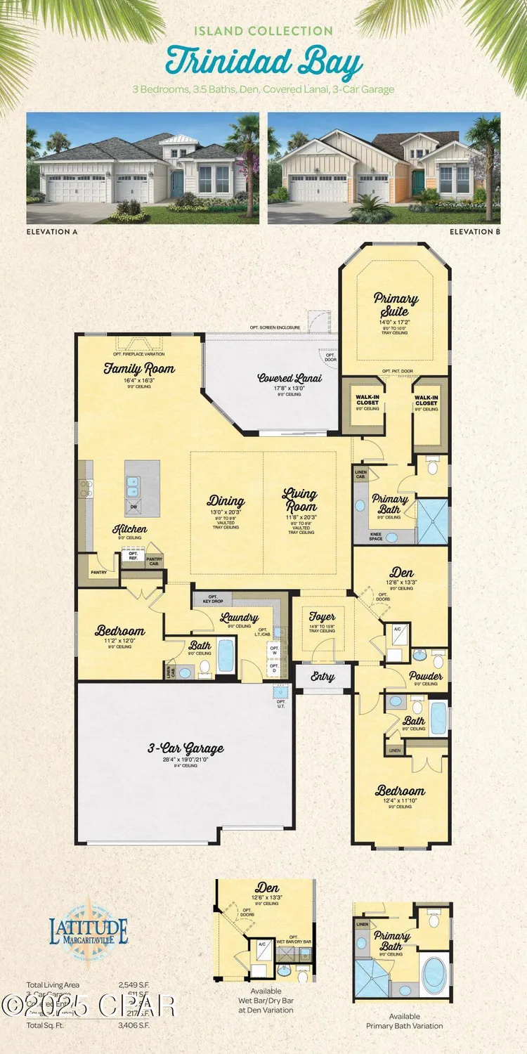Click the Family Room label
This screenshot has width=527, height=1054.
click(139, 369)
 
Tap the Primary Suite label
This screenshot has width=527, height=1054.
click(396, 304)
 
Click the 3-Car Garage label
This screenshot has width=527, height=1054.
click(176, 749)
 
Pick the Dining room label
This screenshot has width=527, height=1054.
click(226, 501)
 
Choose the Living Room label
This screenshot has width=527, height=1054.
click(300, 500)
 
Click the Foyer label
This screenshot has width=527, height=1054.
click(322, 618)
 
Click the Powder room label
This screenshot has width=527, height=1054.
click(426, 676)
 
